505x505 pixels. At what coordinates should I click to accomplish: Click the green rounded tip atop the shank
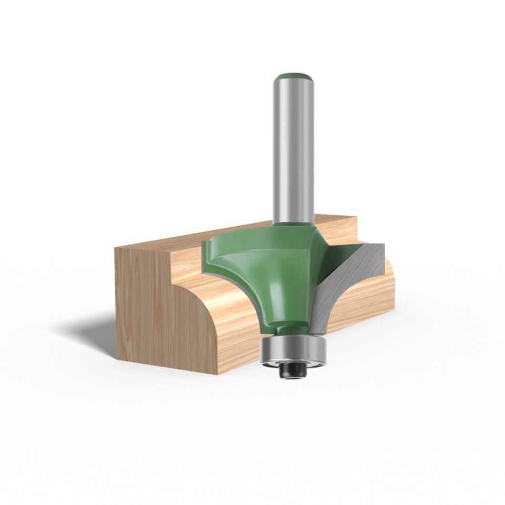(293, 77)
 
